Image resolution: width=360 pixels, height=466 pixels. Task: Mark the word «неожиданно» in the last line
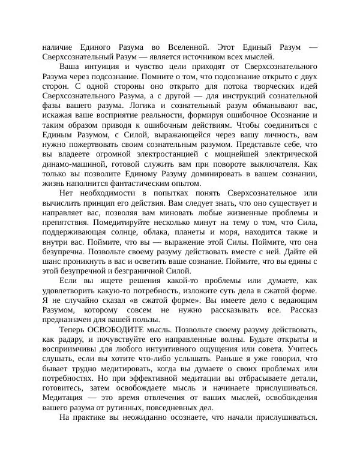(x=145, y=419)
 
